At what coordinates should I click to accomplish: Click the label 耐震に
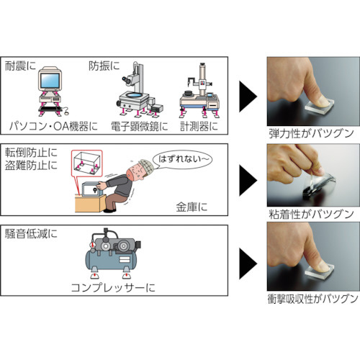(20, 66)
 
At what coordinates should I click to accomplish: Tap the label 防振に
(104, 66)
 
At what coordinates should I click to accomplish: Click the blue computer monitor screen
(50, 81)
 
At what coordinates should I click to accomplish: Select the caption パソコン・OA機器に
(53, 126)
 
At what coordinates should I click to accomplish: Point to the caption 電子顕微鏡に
(140, 126)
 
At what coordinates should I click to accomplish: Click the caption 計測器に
(199, 126)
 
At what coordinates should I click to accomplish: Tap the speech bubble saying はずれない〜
(182, 159)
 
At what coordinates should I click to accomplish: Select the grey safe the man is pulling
(92, 189)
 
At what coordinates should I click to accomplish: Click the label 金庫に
(192, 207)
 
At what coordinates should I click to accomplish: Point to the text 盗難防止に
(31, 166)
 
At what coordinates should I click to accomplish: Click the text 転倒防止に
(31, 153)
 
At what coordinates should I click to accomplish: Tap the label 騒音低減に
(31, 234)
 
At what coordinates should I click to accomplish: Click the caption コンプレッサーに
(113, 287)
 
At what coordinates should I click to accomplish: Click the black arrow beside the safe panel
(248, 181)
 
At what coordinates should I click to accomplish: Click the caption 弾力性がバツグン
(311, 133)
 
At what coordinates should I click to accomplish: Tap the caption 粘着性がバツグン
(311, 214)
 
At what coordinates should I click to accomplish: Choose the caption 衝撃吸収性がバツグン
(312, 299)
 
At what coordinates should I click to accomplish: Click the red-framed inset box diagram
(87, 163)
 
